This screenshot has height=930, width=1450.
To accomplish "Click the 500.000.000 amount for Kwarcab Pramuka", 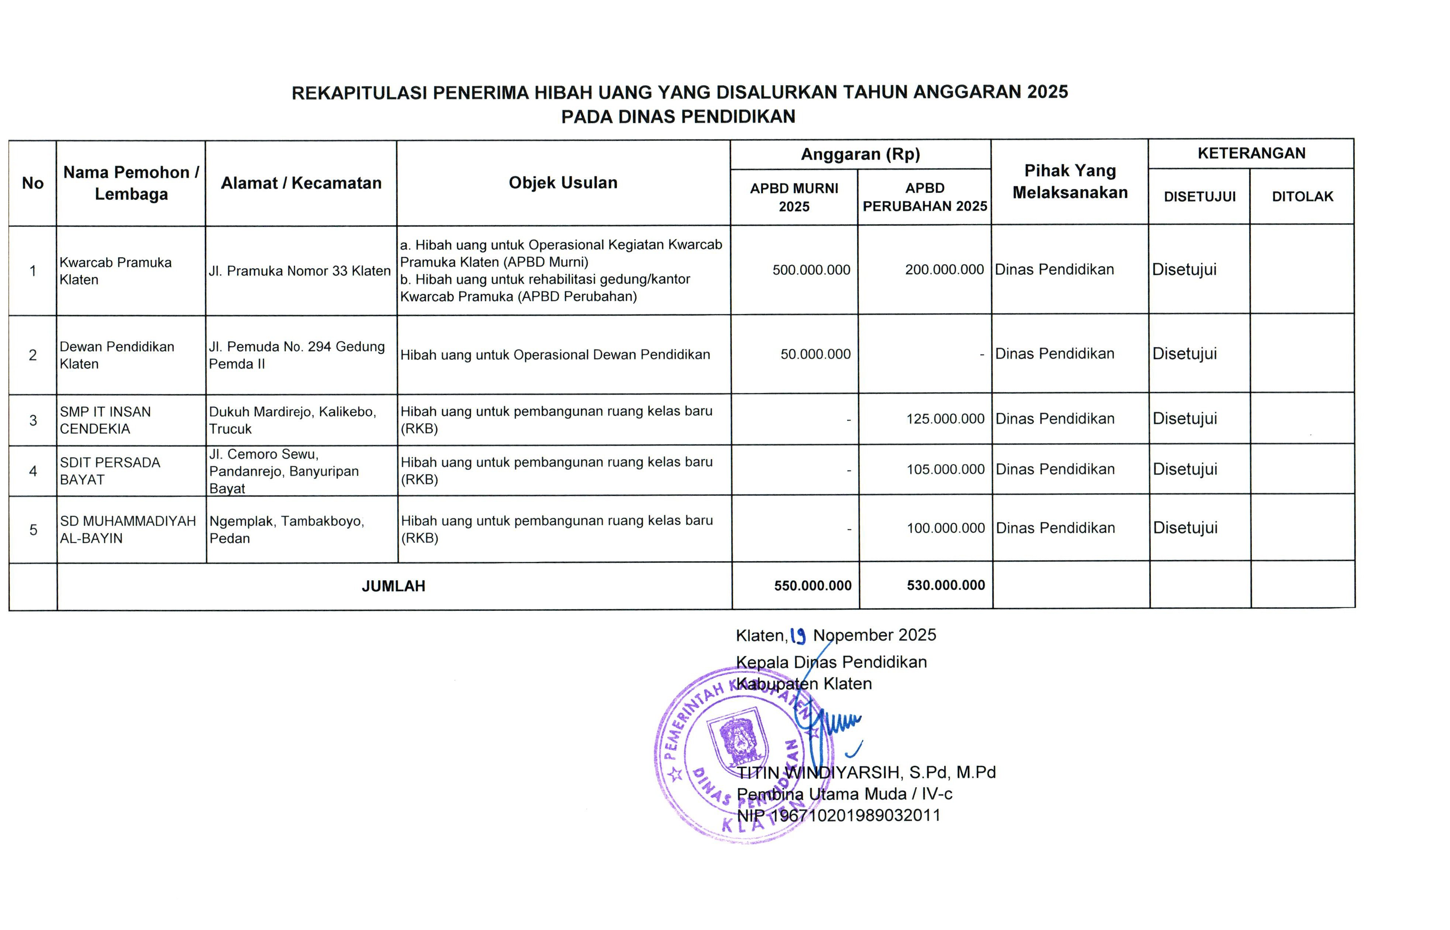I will (x=811, y=270).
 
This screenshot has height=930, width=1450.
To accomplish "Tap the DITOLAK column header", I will (x=1302, y=196).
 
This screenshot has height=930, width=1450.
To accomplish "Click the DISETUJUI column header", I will (x=1199, y=196).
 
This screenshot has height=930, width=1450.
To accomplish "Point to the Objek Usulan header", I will (x=563, y=182).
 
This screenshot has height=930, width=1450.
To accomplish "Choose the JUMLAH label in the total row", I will (x=393, y=586).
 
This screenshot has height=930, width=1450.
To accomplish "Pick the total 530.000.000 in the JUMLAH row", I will (x=945, y=585).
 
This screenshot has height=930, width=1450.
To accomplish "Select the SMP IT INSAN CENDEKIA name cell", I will (x=105, y=420).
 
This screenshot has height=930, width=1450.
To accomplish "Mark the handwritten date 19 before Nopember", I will (x=798, y=635).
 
